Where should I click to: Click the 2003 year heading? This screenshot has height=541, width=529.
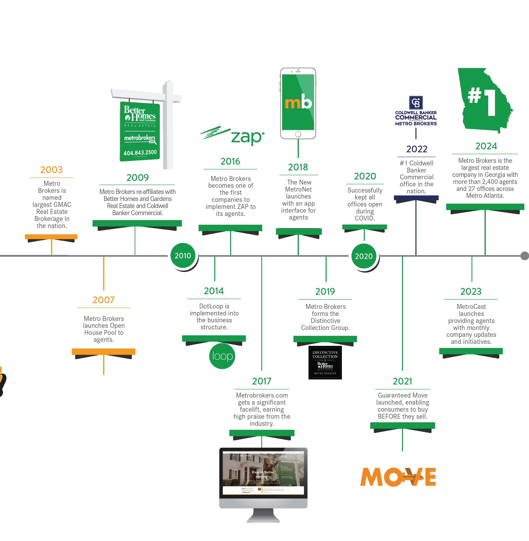(51, 170)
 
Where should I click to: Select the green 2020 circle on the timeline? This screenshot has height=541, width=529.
(364, 256)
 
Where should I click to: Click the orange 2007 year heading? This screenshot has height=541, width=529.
(103, 300)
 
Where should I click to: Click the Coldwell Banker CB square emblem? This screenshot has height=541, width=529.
(416, 103)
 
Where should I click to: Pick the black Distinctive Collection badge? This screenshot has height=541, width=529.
(325, 362)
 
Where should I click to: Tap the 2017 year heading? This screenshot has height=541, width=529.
(262, 381)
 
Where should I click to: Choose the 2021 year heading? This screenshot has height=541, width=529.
(402, 381)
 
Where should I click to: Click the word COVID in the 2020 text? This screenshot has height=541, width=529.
(365, 218)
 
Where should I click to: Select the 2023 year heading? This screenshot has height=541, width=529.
(471, 291)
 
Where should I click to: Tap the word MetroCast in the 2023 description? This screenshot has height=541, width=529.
(471, 307)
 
